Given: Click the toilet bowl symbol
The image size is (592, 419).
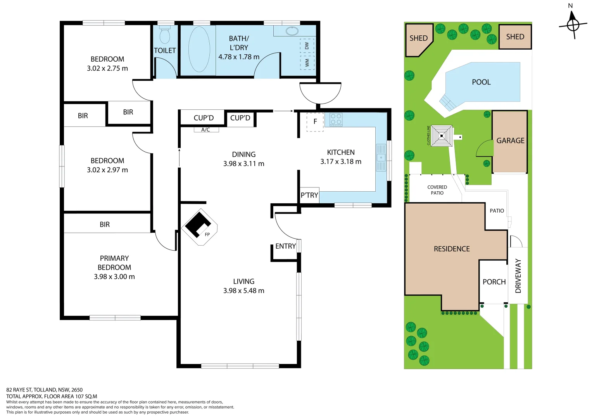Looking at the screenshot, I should point(165,35).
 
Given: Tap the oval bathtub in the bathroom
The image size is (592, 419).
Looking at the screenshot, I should point(199,49).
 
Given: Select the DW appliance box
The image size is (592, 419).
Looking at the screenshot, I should point(307,46).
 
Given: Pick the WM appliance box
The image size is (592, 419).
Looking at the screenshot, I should point(307,62).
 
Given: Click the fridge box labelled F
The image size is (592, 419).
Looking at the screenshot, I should point(315,122).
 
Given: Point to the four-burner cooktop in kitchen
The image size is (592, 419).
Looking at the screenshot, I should point(336,119).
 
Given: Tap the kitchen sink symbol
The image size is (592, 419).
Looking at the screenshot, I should point(381,158).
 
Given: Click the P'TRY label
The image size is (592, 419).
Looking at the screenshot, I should point(309,195).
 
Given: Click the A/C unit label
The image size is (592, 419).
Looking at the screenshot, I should point(206,130).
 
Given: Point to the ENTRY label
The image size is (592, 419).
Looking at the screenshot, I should point(286,246).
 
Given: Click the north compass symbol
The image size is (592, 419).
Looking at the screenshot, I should point(573,25).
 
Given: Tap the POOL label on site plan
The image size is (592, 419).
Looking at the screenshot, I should point(481,82).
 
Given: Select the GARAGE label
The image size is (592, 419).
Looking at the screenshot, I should point(510,141).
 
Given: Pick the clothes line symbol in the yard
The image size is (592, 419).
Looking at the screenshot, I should point(442,136).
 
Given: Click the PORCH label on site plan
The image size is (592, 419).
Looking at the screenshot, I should point(494,282).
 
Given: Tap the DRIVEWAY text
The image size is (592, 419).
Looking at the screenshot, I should point(518,276).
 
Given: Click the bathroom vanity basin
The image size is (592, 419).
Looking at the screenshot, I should point(292,31).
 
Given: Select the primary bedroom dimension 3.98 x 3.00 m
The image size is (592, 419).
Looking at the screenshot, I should point(114,277).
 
